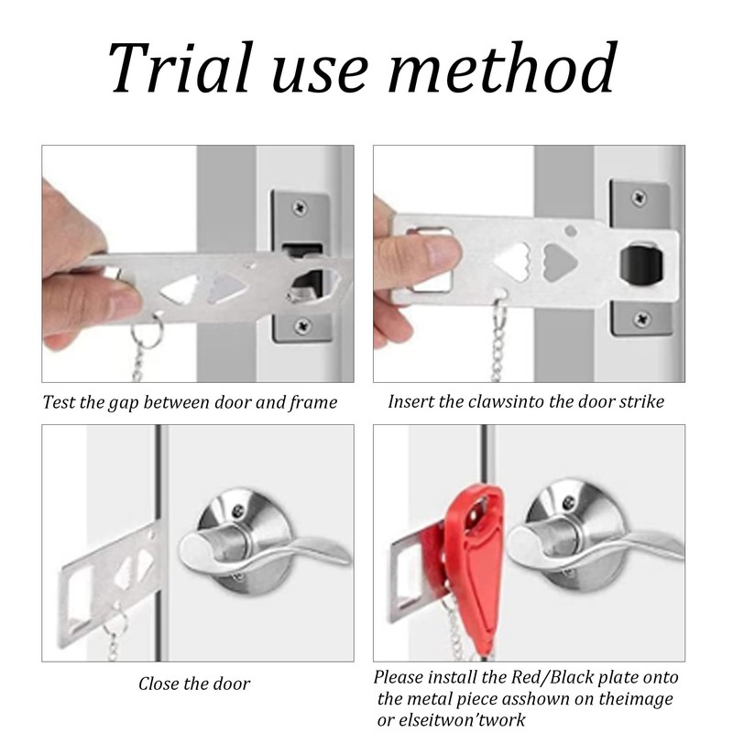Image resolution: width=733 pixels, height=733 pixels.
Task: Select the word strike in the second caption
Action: click(x=641, y=401)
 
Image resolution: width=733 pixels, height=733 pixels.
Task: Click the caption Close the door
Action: click(x=194, y=684)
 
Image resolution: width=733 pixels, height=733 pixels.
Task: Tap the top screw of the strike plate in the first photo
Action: click(x=300, y=207)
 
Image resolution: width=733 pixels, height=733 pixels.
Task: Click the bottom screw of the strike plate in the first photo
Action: click(x=303, y=324)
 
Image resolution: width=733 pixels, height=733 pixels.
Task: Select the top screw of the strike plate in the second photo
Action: click(x=639, y=197)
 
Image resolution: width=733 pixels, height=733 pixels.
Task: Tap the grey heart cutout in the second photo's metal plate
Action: click(x=560, y=262)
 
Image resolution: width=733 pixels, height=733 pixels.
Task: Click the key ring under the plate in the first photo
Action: click(x=147, y=330)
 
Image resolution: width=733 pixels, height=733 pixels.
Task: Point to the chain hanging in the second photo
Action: click(x=498, y=341)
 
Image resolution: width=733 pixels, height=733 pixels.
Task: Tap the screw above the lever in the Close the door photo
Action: click(x=238, y=510)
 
